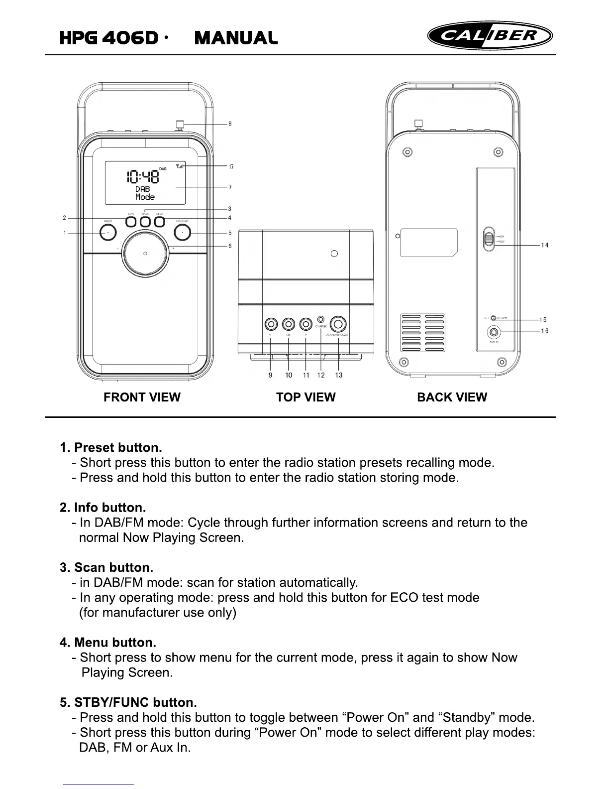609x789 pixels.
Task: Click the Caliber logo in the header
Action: tap(490, 36)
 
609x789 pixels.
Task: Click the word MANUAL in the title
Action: tap(236, 38)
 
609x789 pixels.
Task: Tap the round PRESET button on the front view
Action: tap(108, 233)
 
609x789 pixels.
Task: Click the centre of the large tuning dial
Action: tap(145, 254)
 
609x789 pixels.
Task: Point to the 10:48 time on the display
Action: tap(143, 177)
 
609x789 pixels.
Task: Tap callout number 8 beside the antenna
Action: tap(230, 124)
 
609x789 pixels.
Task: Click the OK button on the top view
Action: tap(289, 324)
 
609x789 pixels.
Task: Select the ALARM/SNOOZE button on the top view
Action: tap(338, 324)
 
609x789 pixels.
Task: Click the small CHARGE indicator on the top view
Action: tap(321, 319)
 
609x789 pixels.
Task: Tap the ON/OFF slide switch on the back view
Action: tap(489, 239)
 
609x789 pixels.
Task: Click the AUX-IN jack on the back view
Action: tap(494, 332)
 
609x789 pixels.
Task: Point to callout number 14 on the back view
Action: tap(545, 245)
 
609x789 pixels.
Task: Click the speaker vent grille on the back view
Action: tap(423, 332)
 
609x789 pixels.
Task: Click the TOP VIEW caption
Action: tap(305, 397)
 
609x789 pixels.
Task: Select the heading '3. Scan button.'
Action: tap(106, 567)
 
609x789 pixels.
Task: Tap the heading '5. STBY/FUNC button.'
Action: tap(128, 702)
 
